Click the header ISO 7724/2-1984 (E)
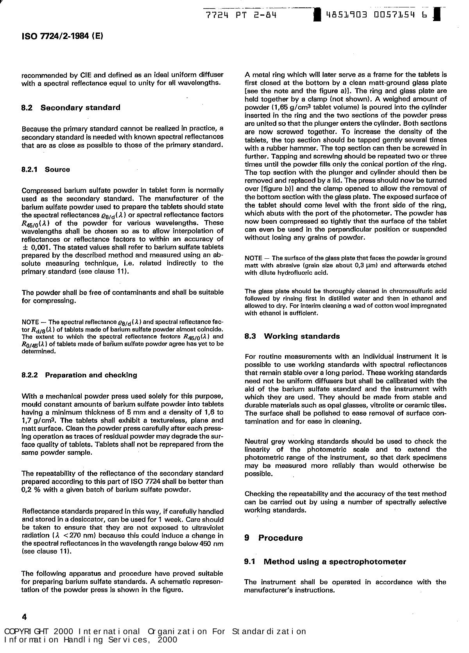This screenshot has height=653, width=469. [62, 36]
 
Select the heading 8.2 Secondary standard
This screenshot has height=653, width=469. [71, 108]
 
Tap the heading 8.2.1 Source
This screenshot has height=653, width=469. [46, 169]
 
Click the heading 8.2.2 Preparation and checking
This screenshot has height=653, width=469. [79, 375]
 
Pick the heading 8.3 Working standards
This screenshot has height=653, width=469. [292, 336]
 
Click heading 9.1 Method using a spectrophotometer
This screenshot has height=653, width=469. [325, 562]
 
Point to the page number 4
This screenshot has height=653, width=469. [25, 617]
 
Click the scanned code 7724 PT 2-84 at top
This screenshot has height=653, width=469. [241, 15]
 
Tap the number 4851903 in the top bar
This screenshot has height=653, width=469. [346, 15]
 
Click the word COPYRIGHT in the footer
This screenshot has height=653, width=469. [27, 632]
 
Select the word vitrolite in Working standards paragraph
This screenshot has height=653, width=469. [358, 406]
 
